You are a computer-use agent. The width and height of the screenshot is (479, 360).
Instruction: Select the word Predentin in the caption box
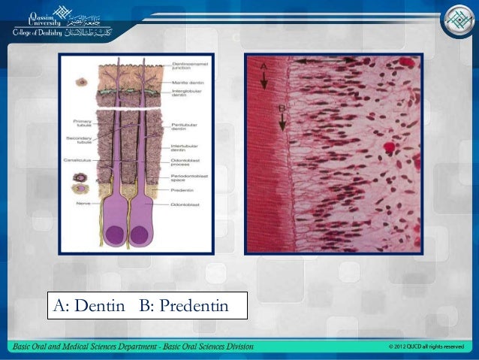[191, 306]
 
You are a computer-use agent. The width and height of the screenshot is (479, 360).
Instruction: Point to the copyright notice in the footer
[426, 346]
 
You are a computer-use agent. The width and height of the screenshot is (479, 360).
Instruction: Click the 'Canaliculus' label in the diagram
[82, 159]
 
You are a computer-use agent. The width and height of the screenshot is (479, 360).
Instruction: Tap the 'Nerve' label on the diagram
[82, 202]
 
